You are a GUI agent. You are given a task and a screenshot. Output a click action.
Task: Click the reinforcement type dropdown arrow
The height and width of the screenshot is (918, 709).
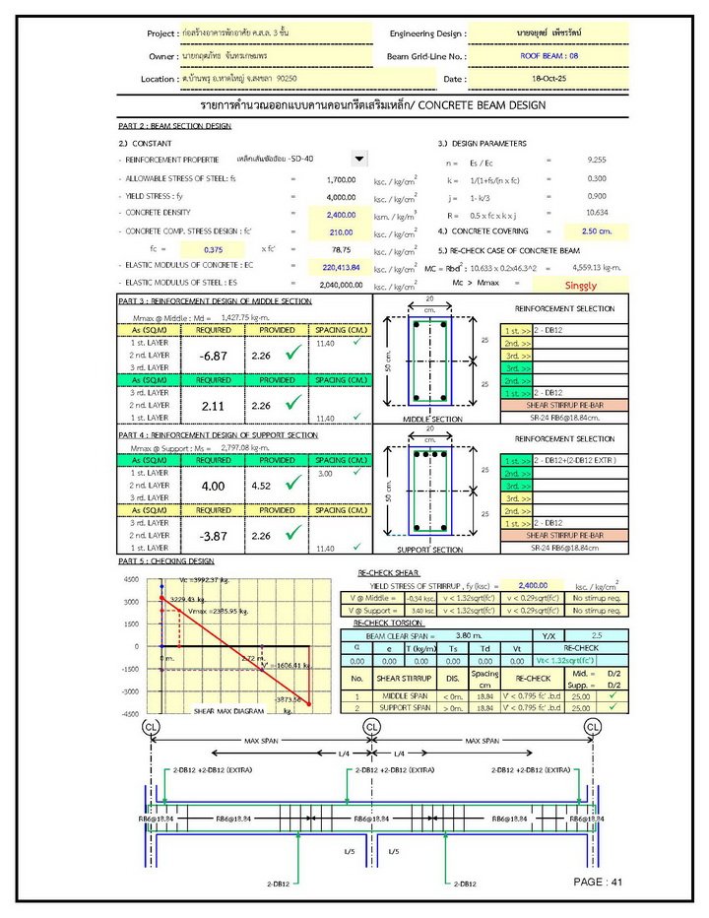tap(358, 159)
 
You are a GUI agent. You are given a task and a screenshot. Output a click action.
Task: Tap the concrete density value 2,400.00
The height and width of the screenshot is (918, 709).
tap(341, 214)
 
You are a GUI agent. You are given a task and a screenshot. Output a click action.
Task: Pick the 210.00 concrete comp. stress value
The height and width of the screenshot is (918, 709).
tap(341, 231)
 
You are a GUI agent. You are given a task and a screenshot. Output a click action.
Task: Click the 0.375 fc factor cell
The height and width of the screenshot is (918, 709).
tap(218, 250)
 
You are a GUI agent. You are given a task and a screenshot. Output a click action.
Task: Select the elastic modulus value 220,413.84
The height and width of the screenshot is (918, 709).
tap(341, 267)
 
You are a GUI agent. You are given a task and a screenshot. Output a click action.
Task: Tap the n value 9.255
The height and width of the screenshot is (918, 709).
tap(596, 160)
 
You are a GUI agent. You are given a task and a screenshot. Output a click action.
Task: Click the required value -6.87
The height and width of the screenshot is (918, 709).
tap(213, 356)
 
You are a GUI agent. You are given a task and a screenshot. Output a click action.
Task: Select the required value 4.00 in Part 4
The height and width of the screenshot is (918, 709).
tap(213, 486)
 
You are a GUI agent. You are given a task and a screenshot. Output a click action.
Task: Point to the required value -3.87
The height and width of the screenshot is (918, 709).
tap(213, 536)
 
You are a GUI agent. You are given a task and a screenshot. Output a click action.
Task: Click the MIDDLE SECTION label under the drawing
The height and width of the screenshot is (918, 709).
tap(434, 419)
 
